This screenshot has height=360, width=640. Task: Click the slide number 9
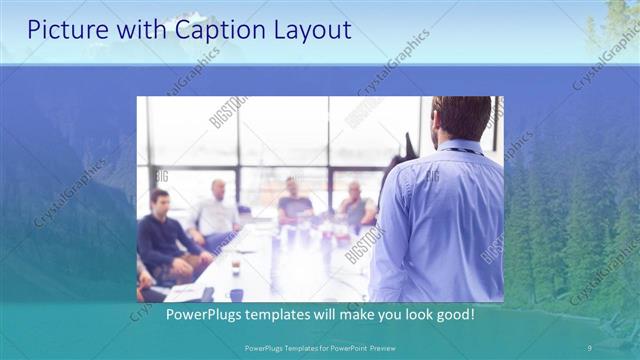tap(589, 346)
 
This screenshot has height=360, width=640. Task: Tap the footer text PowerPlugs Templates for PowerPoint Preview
tap(319, 346)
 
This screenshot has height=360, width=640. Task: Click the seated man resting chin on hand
tap(354, 206)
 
